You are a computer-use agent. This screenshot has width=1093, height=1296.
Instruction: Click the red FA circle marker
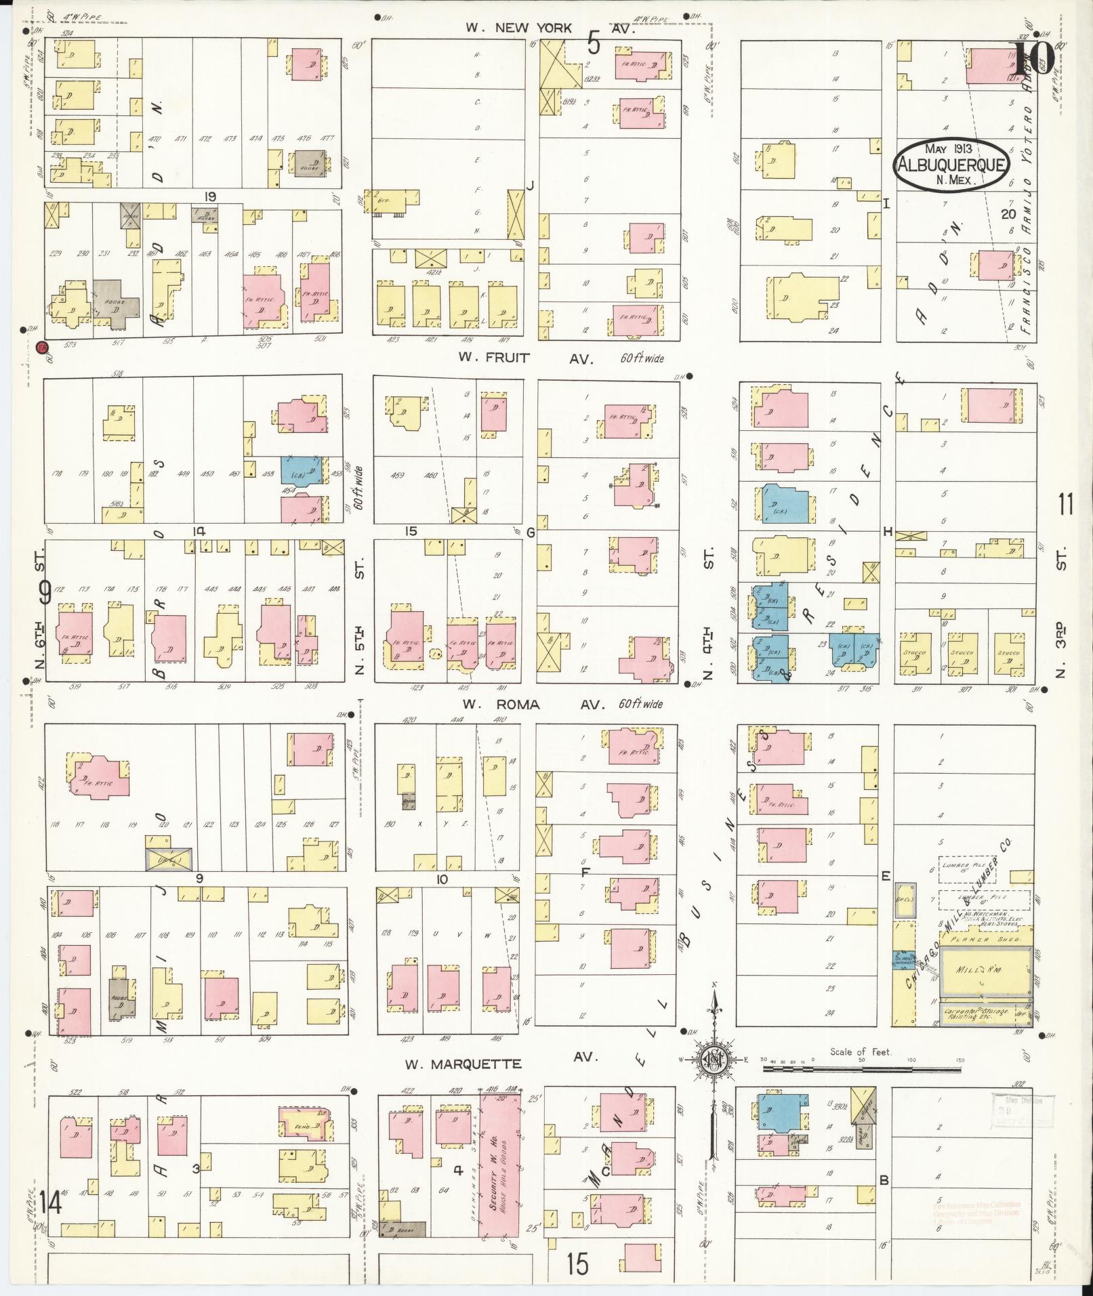(43, 347)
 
